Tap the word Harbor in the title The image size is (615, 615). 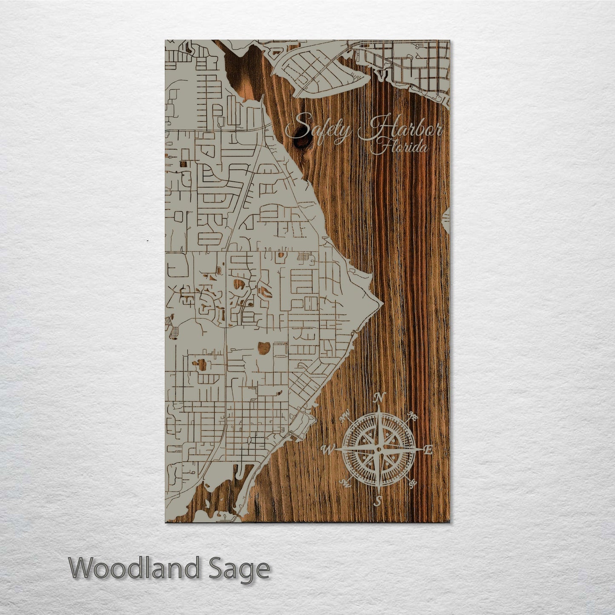coord(400,129)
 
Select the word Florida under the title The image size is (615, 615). coord(399,148)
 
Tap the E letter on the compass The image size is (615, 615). coord(429,449)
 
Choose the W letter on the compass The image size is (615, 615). coord(328,449)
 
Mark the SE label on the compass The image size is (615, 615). coord(412,483)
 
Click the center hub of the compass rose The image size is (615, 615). coord(378,449)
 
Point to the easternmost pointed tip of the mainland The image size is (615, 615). coord(383,303)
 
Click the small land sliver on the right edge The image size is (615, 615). coord(447,217)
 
